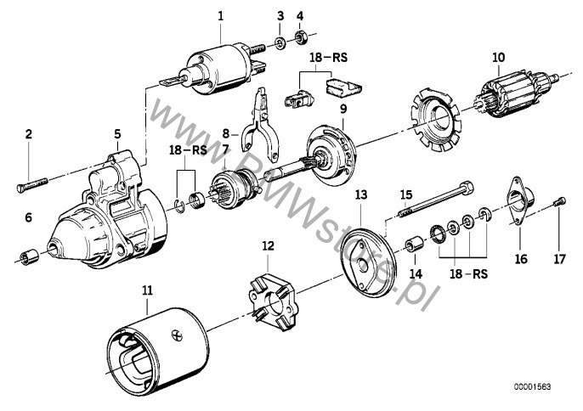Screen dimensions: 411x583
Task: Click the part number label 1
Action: coord(220,15)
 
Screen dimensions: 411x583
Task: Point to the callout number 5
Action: coord(117,133)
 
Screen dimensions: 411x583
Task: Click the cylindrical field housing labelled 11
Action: coord(156,348)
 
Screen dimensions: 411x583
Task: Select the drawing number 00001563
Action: coord(534,386)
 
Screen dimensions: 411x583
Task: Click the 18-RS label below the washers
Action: coord(467,275)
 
